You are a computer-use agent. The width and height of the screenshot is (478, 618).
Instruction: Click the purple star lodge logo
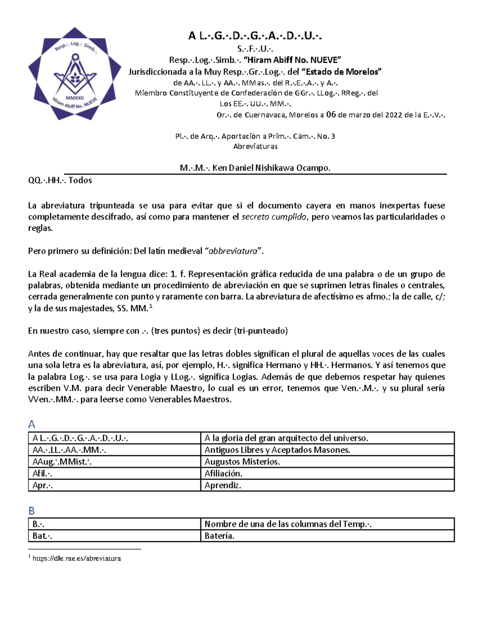pyautogui.click(x=74, y=74)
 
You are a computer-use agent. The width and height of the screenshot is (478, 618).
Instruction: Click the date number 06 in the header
pyautogui.click(x=331, y=115)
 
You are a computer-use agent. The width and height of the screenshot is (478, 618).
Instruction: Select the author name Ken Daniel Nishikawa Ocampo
pyautogui.click(x=271, y=168)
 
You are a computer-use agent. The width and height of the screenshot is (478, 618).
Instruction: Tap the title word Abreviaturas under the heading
pyautogui.click(x=255, y=146)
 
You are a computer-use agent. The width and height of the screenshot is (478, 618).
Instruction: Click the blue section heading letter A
pyautogui.click(x=32, y=424)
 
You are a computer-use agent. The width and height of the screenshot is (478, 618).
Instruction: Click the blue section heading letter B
pyautogui.click(x=32, y=511)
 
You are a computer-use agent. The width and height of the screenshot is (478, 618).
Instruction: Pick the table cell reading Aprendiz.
pyautogui.click(x=223, y=485)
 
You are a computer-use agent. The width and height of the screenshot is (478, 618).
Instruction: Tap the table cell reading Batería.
pyautogui.click(x=219, y=536)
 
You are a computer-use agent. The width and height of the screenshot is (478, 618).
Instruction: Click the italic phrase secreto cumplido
pyautogui.click(x=274, y=217)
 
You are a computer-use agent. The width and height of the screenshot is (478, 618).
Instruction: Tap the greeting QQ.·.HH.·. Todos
pyautogui.click(x=60, y=180)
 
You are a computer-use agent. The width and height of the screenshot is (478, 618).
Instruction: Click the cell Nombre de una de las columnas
pyautogui.click(x=288, y=524)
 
